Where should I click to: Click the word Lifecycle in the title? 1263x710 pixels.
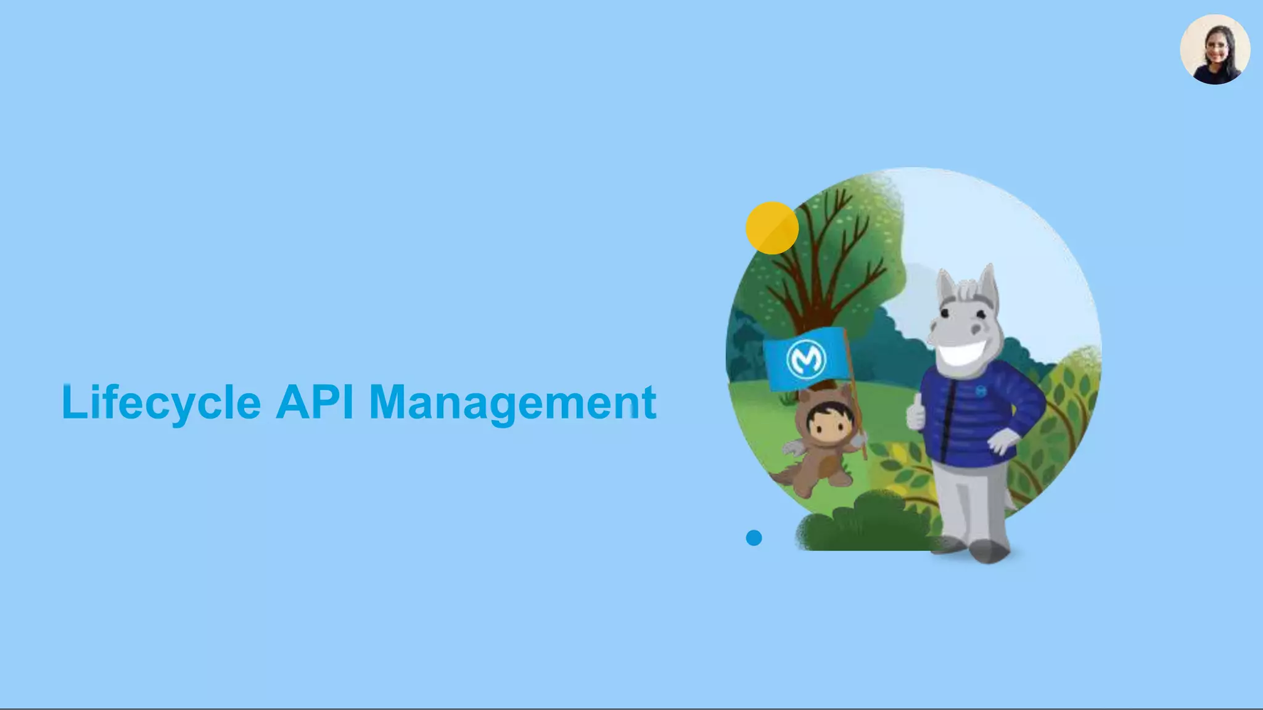click(x=161, y=402)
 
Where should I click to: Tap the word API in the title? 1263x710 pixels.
click(x=315, y=402)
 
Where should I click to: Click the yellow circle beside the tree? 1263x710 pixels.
click(x=771, y=227)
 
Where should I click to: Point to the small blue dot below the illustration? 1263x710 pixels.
click(x=754, y=538)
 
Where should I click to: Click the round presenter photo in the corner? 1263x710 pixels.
click(x=1215, y=49)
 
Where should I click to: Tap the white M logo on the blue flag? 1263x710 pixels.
click(x=806, y=359)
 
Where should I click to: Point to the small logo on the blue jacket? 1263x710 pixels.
click(x=981, y=390)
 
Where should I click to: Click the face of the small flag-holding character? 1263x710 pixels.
click(x=824, y=423)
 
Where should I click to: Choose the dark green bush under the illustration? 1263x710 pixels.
click(x=863, y=527)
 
